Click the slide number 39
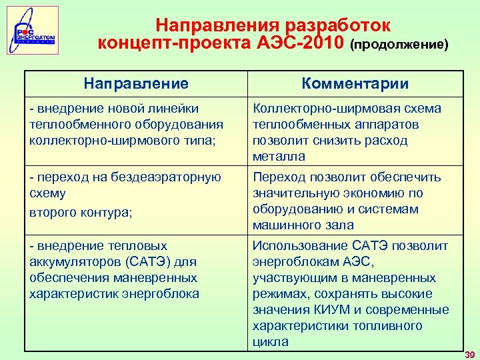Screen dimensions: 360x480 point(469,354)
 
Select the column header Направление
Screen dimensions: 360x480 point(136,84)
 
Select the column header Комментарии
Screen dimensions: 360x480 point(355,84)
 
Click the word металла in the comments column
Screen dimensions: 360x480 point(279,157)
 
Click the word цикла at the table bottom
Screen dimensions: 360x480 point(270,342)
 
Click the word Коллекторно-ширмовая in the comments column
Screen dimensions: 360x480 point(318,109)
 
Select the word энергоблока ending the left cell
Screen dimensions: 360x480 point(163,294)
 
